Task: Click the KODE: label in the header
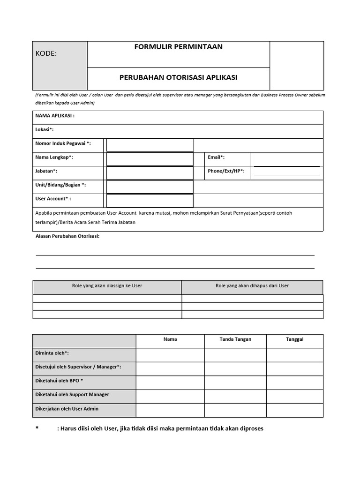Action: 46,53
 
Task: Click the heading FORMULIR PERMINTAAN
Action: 178,47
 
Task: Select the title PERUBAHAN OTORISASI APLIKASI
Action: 178,77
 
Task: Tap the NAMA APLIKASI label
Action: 55,115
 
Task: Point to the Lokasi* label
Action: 45,129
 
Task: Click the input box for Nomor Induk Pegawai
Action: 150,145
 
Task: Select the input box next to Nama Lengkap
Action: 150,159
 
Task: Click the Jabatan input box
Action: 150,173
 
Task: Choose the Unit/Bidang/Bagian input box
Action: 150,187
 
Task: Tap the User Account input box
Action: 150,201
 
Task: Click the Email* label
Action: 216,157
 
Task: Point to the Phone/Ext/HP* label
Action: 226,171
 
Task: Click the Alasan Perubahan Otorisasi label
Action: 67,236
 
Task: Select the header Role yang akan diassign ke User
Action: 107,286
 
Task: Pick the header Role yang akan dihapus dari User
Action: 252,286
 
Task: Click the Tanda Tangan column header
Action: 235,339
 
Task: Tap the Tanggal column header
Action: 294,339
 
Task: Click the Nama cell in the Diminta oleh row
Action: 170,355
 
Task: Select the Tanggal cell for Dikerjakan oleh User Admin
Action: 294,410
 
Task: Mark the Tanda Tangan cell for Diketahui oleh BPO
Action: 235,382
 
